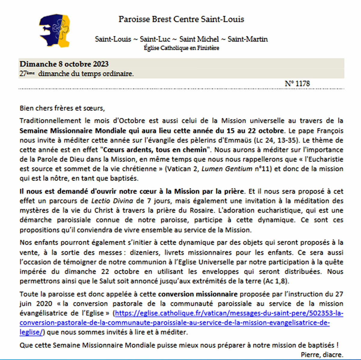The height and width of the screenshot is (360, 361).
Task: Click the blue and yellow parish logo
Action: pos(55,30)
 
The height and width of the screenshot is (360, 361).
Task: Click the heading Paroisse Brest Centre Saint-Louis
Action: pos(181,19)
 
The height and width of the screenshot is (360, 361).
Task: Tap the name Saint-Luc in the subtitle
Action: pos(155,39)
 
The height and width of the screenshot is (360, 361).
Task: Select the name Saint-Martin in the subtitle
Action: pos(248,39)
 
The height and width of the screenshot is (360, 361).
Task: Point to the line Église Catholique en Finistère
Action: pos(181,48)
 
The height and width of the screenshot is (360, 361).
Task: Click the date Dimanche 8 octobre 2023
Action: pos(64,64)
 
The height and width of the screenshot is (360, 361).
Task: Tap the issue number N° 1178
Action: pos(297,84)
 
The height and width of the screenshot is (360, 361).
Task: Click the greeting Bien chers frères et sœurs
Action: pos(62,108)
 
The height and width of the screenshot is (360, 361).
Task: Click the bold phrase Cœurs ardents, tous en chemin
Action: pos(155,150)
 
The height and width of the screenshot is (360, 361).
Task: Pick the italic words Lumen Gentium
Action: pos(227,169)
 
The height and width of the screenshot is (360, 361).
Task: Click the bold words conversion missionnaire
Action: pos(198,294)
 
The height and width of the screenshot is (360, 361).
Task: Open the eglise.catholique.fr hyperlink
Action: pos(229,313)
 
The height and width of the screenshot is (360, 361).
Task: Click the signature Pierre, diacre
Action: pos(322,355)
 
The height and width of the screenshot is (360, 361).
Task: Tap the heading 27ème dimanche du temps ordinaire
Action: pos(77,74)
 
